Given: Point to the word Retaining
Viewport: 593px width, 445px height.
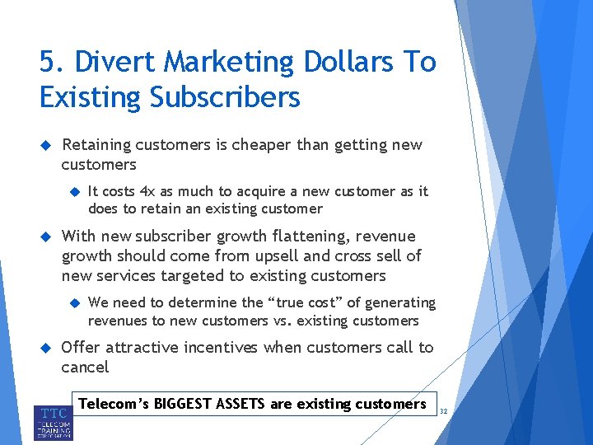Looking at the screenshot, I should coord(96,145).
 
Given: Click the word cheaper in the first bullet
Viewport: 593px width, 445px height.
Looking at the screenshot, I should coord(259,145).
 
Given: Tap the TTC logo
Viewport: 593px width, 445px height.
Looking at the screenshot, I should coord(54,422).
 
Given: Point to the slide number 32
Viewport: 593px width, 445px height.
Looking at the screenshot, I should coord(442,410).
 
